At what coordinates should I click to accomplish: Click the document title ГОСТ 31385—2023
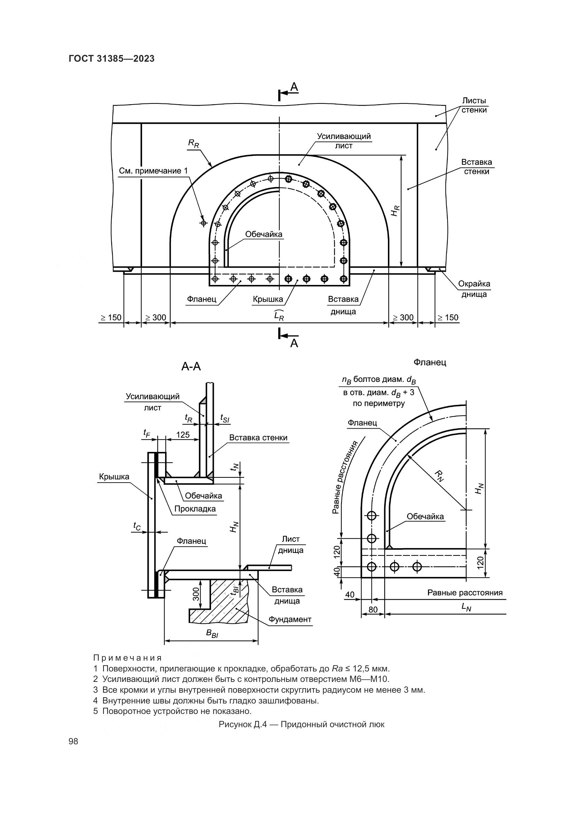tap(112, 59)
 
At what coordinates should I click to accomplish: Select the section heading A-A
tap(191, 366)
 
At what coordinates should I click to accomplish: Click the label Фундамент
tap(290, 620)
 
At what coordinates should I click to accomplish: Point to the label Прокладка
tap(195, 509)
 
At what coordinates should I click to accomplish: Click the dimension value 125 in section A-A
tap(183, 435)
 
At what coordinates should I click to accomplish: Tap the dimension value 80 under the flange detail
tap(373, 610)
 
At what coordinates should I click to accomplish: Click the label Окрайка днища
tap(474, 289)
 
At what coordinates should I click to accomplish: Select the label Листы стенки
tap(474, 105)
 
